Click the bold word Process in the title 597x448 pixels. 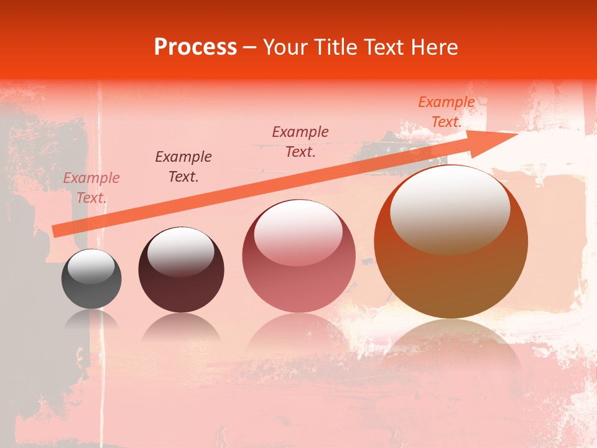[x=195, y=47]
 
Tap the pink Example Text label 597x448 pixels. [x=91, y=188]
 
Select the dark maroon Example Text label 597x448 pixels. [x=183, y=167]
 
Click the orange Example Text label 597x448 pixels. [x=447, y=112]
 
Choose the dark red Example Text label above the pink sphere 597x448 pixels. [x=300, y=142]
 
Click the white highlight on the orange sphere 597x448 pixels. [x=450, y=209]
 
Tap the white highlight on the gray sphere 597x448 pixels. [x=91, y=266]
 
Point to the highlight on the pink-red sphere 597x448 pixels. [x=298, y=233]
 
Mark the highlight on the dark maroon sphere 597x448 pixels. [x=181, y=251]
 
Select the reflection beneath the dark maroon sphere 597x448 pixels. [x=181, y=327]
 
